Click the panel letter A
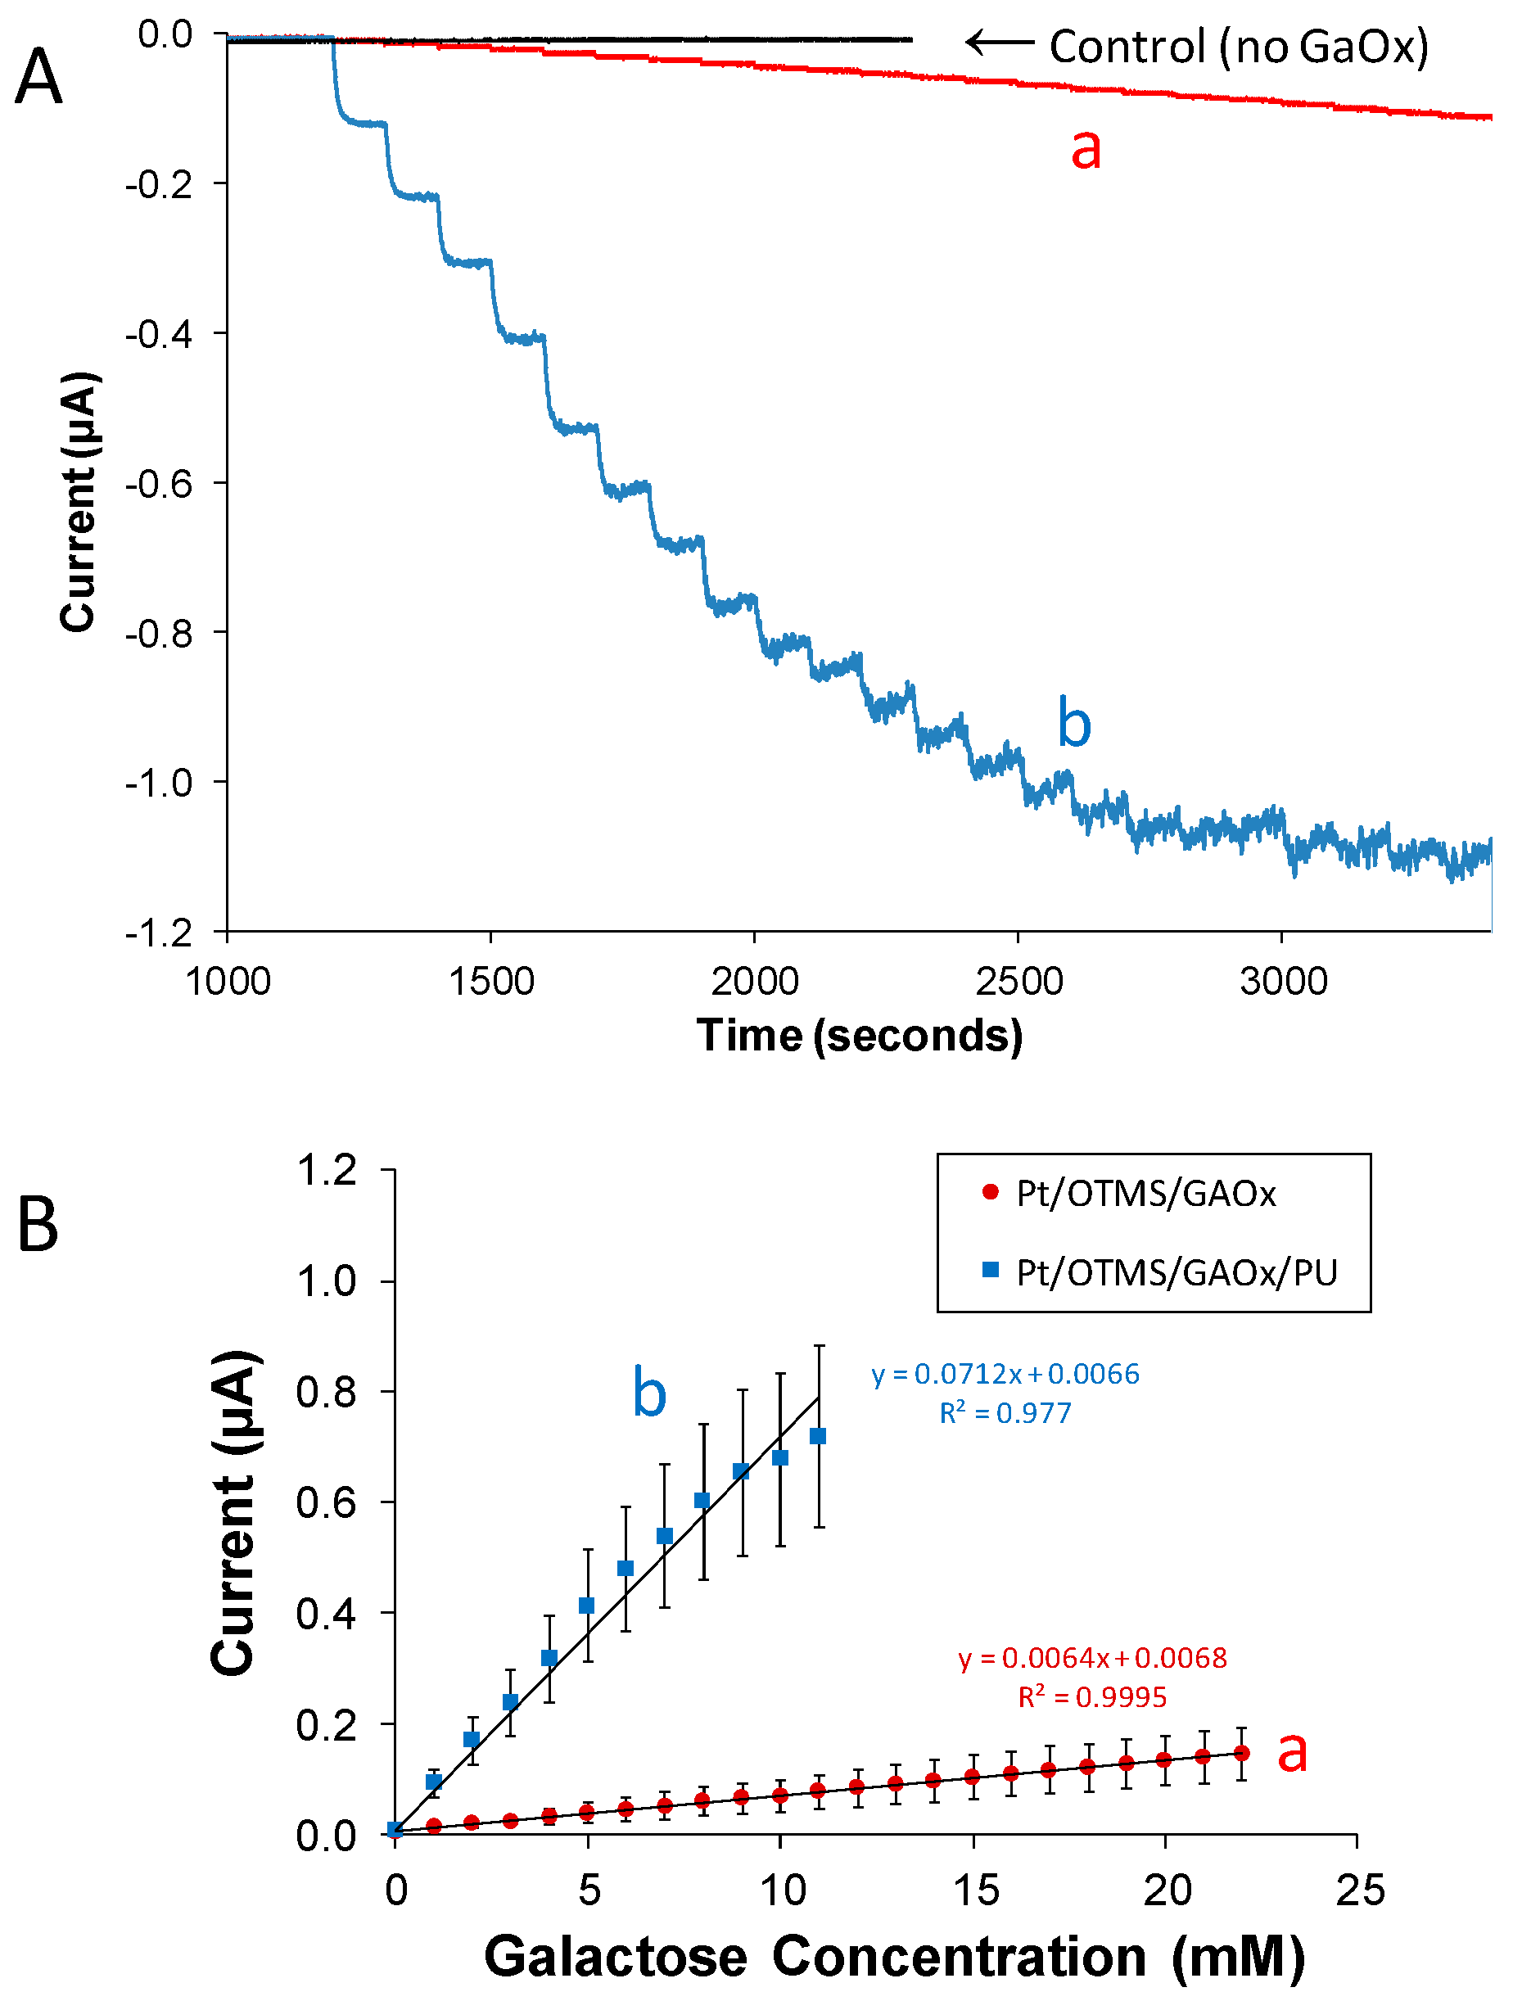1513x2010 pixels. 39,77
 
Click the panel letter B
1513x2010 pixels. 38,1226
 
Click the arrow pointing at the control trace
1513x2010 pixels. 999,43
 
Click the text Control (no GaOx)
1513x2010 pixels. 1239,47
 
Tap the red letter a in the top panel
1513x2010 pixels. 1085,148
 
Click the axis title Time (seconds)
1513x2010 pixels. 859,1035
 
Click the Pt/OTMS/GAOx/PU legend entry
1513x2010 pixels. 1176,1272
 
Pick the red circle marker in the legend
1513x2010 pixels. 991,1191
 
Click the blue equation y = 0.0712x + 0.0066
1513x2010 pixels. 1005,1374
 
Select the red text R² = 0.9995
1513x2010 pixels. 1091,1696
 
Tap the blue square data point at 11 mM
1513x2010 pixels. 818,1436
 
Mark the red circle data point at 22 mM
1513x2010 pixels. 1242,1753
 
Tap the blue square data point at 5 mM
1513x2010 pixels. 587,1606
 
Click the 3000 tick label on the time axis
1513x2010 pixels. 1282,982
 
